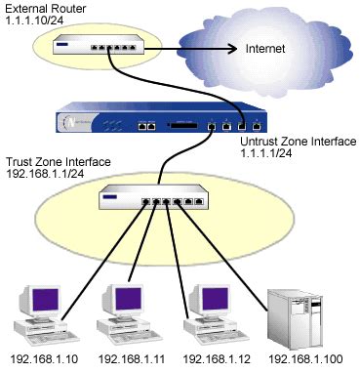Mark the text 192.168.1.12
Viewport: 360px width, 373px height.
207,358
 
